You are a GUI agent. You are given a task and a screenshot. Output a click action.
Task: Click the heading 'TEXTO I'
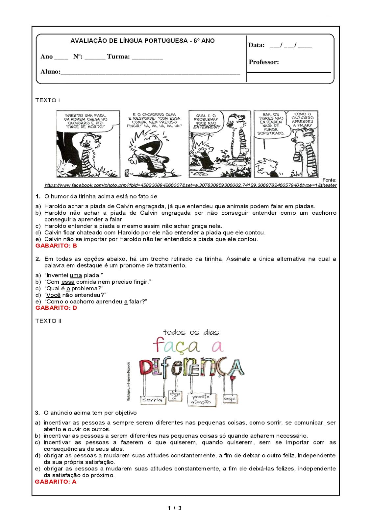(x=48, y=100)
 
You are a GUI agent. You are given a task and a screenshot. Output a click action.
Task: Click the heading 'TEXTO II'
(x=48, y=321)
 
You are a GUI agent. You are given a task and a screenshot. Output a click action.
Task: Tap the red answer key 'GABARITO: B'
(x=56, y=246)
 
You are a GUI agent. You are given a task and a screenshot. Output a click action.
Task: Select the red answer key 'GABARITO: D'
(x=56, y=308)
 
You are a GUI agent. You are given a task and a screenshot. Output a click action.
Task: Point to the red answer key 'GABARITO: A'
(x=56, y=482)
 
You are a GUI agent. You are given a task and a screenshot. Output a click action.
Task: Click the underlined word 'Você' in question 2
(x=54, y=295)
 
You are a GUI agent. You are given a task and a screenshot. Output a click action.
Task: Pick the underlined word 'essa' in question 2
(x=68, y=282)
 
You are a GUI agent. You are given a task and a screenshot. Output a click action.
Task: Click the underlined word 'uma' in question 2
(x=76, y=275)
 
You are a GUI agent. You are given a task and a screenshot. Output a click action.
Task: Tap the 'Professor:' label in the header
(x=264, y=62)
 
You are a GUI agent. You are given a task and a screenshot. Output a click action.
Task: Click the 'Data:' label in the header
(x=257, y=45)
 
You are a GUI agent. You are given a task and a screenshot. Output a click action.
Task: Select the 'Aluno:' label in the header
(x=50, y=71)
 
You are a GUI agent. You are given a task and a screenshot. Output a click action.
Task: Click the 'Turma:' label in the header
(x=118, y=57)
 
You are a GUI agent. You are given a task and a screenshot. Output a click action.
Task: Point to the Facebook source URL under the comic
(x=190, y=185)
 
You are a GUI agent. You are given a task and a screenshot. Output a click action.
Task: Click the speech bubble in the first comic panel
(x=86, y=121)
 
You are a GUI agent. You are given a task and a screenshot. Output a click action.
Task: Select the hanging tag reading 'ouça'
(x=230, y=399)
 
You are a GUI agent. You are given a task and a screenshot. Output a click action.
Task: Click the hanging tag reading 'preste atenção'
(x=201, y=399)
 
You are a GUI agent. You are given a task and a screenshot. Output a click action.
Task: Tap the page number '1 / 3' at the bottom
(x=174, y=508)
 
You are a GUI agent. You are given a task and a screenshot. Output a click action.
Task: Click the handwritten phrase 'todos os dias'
(x=191, y=332)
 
